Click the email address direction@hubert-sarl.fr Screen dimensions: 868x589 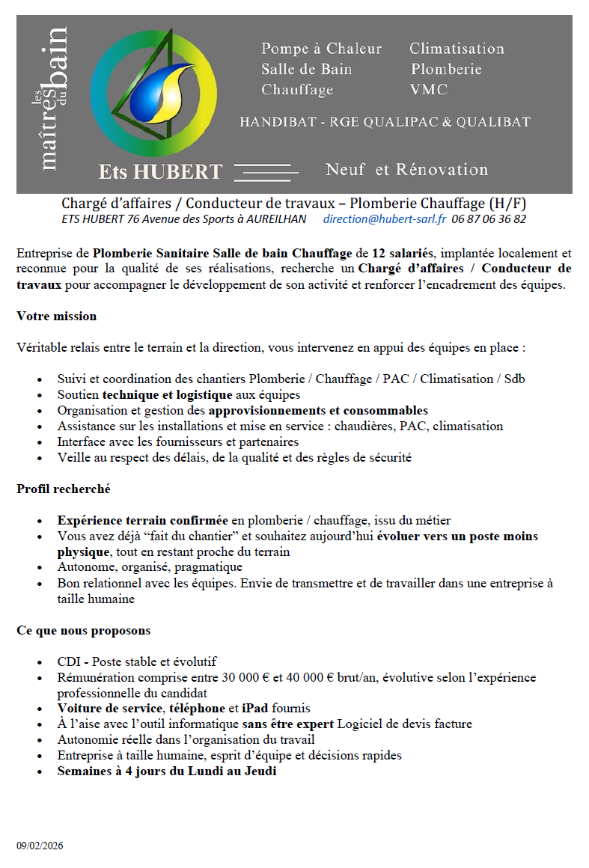385,219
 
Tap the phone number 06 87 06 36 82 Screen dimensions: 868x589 489,219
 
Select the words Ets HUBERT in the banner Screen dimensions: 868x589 161,172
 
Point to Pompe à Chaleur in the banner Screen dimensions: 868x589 321,49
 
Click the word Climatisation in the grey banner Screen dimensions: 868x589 457,49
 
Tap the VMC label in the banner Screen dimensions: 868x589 429,90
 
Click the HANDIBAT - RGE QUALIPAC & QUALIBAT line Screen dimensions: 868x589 385,122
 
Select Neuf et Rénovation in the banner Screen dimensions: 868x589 406,170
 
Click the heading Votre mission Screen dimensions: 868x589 57,316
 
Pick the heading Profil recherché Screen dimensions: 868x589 64,489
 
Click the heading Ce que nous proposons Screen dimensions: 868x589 84,630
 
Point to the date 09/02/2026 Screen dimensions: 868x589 40,846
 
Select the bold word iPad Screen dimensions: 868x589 254,708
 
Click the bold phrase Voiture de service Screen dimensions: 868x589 109,708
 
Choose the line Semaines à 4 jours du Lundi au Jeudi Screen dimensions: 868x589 167,771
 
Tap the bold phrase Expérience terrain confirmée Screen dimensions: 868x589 143,520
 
